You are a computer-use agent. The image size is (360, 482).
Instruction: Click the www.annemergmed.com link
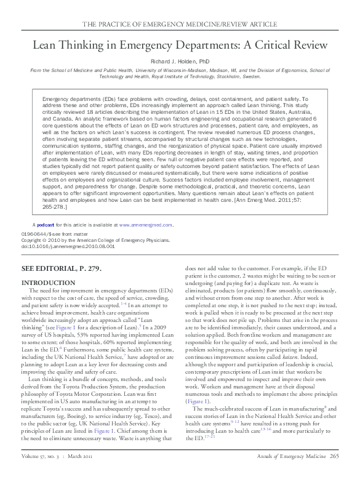(x=148, y=225)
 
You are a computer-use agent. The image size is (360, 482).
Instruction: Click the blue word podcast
(x=47, y=225)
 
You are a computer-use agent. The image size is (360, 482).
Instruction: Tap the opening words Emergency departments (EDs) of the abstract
(x=74, y=99)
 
